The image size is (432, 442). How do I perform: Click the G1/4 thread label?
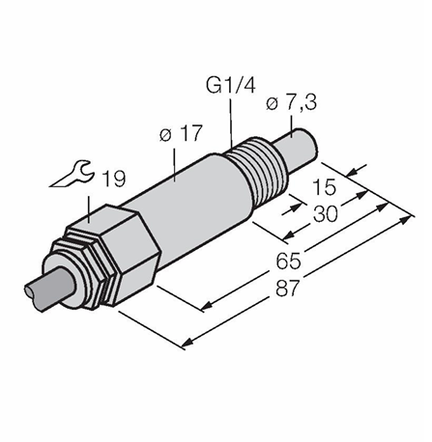coord(231,86)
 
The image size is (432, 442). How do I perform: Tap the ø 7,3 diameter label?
coord(292,103)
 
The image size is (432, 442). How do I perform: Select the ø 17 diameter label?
coord(182,133)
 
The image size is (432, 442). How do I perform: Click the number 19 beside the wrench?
coord(114,179)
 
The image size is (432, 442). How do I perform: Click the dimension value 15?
coord(324,187)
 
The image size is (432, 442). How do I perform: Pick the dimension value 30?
coord(326,214)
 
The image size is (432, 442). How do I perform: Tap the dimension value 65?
coord(288,261)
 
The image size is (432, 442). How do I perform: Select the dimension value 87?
coord(288,288)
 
